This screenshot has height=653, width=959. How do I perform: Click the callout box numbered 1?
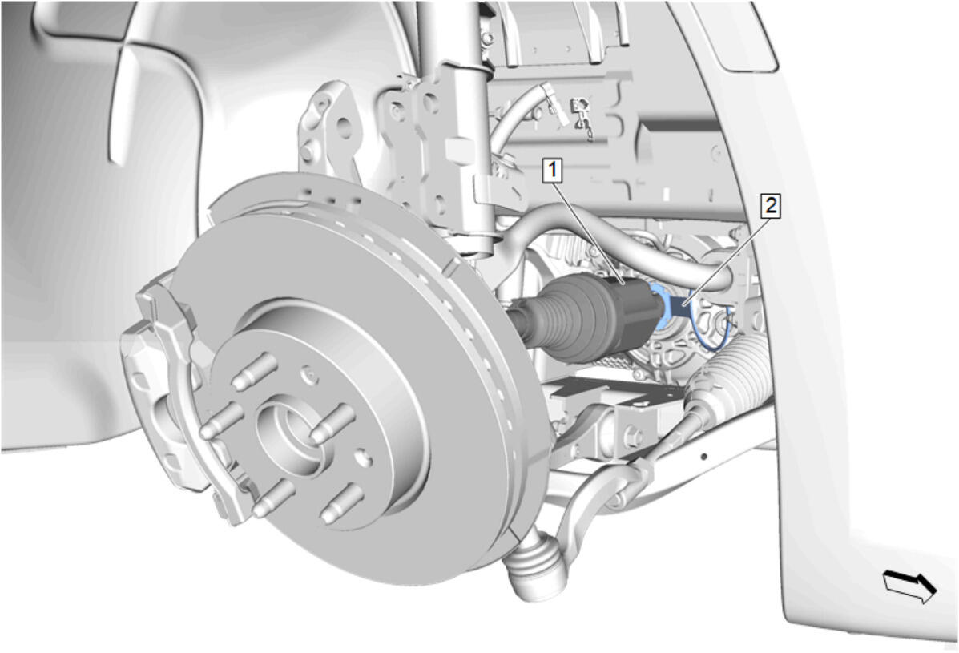click(x=553, y=169)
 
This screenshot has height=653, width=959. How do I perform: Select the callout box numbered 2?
click(x=772, y=205)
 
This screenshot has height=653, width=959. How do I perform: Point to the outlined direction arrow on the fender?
click(x=909, y=585)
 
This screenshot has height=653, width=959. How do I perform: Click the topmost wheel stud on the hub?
click(x=255, y=371)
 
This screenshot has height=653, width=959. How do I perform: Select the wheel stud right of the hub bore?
click(x=332, y=424)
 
